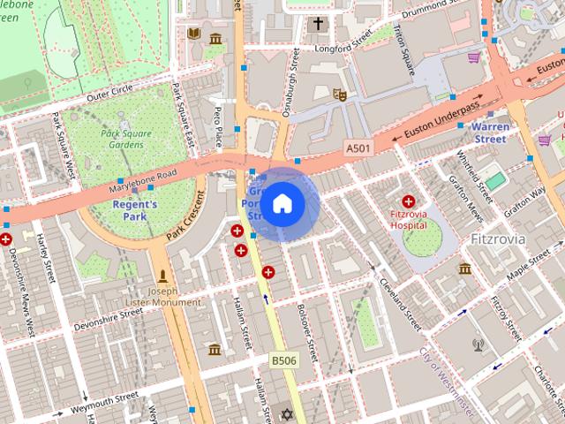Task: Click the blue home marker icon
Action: pos(282,204)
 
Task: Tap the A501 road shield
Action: pos(358,147)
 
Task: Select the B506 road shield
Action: pos(283,360)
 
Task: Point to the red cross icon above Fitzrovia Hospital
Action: pos(408,202)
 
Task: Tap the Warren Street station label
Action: pos(490,132)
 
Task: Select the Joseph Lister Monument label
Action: pos(163,297)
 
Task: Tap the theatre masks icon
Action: pos(339,94)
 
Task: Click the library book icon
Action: pos(194,34)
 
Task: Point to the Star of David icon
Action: pos(285,413)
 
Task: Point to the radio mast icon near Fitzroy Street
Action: pos(478,344)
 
